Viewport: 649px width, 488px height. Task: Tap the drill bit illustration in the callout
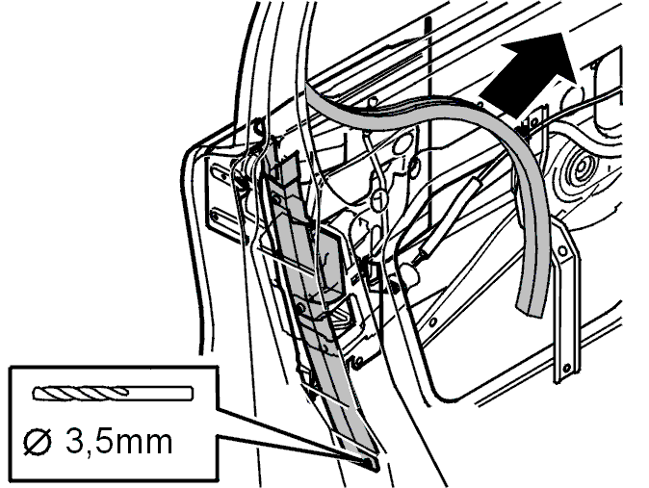pyautogui.click(x=113, y=394)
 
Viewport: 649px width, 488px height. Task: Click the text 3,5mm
pyautogui.click(x=119, y=443)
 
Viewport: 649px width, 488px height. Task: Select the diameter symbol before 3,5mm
pyautogui.click(x=38, y=443)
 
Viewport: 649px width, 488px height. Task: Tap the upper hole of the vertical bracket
pyautogui.click(x=562, y=251)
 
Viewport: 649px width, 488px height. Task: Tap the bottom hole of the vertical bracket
pyautogui.click(x=566, y=368)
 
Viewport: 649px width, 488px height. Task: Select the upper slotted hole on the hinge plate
pyautogui.click(x=220, y=172)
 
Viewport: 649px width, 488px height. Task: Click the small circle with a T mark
pyautogui.click(x=378, y=200)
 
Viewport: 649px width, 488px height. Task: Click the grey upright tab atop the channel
pyautogui.click(x=285, y=167)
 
